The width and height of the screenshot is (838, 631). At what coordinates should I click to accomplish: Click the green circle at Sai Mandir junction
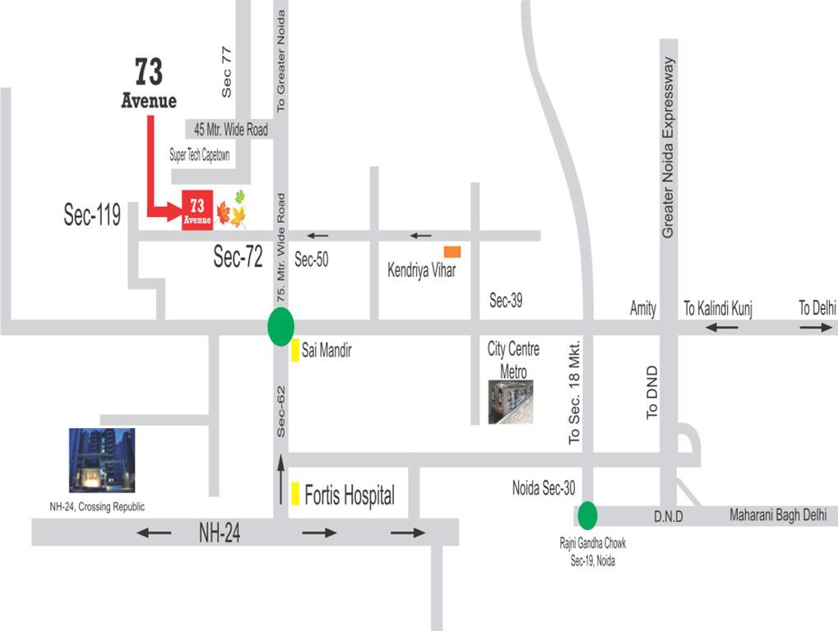(280, 327)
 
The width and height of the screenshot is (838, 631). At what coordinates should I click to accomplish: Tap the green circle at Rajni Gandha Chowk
(586, 515)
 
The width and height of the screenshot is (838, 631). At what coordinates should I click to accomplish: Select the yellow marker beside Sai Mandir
(294, 350)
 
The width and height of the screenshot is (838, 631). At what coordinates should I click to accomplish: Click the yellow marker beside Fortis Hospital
(294, 494)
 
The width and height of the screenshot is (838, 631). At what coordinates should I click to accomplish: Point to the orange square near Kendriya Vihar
(452, 251)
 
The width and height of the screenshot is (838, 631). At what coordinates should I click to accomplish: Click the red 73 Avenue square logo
(197, 210)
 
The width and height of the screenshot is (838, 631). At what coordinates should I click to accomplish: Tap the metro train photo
(510, 402)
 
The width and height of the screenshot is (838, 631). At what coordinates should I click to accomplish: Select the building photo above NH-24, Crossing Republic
(101, 460)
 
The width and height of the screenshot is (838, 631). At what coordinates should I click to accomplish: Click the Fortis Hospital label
(350, 495)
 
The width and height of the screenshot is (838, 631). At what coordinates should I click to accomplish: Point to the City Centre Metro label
(513, 360)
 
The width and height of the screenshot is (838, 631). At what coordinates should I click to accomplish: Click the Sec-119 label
(92, 215)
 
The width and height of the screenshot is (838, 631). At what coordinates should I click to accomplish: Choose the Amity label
(643, 308)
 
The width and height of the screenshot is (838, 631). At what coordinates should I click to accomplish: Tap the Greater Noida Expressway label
(669, 148)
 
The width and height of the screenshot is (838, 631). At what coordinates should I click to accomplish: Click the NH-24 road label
(220, 533)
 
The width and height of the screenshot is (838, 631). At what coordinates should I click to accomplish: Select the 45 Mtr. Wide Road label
(230, 130)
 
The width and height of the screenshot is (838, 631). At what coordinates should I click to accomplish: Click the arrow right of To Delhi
(816, 327)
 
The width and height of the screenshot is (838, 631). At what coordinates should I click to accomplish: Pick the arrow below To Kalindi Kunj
(721, 327)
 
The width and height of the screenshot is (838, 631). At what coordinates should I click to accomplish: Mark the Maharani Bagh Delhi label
(783, 516)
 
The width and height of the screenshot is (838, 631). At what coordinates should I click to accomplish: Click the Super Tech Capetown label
(200, 154)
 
